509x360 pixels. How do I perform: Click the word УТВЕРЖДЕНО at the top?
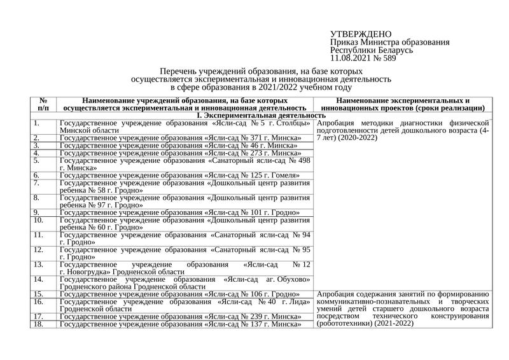(361, 34)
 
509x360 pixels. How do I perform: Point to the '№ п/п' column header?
(44, 104)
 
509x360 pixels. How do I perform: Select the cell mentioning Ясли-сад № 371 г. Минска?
(179, 138)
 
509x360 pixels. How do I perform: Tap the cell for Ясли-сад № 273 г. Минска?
(179, 153)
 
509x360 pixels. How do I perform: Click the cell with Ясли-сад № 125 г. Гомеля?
(179, 176)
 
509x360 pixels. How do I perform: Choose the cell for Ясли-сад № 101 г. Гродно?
(179, 212)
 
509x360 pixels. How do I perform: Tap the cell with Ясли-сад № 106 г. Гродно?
(179, 294)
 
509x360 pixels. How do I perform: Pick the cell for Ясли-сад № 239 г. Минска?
(179, 316)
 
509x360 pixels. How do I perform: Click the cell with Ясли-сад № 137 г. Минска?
(179, 324)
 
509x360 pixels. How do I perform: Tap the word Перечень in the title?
(180, 72)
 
